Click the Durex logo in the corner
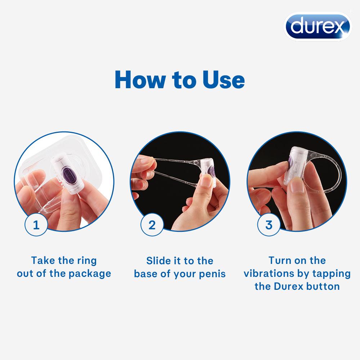point(317,26)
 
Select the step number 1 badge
point(36,225)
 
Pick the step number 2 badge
point(152,225)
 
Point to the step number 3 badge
point(269,225)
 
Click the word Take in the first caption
point(42,260)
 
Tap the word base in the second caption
point(147,274)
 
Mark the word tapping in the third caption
point(333,273)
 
